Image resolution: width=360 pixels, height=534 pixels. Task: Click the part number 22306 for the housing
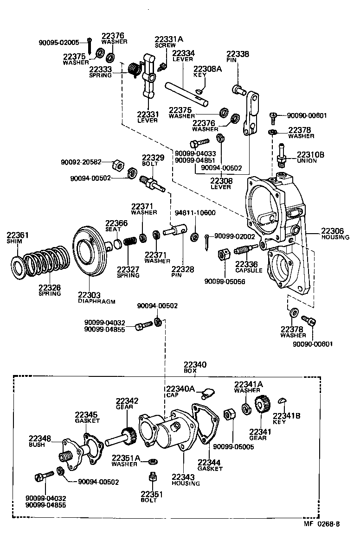pos(332,231)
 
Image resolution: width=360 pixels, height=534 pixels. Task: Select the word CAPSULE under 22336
pos(249,270)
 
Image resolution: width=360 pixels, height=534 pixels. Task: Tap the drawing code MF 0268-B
pos(322,524)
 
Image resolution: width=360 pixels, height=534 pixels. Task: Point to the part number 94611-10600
pos(195,213)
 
